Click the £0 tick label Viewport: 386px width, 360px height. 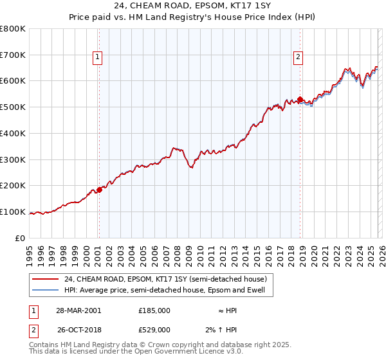[20, 238]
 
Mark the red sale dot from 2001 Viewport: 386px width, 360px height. [99, 190]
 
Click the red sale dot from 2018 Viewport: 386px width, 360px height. [300, 100]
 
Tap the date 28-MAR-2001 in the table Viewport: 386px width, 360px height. [78, 310]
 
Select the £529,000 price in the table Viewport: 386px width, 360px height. [154, 330]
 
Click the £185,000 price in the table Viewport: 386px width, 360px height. [154, 310]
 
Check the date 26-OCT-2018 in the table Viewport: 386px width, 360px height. [78, 330]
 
